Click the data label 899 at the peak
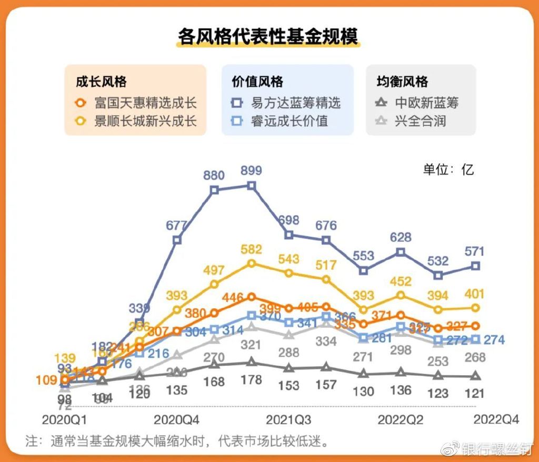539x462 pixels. [251, 170]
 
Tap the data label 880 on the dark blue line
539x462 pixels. [214, 175]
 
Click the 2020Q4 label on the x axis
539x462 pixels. [177, 420]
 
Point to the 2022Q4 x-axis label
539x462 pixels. [496, 419]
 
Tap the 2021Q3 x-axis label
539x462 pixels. [288, 420]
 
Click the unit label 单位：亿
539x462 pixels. [448, 169]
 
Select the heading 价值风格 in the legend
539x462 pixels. [257, 82]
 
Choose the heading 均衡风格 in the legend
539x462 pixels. [402, 82]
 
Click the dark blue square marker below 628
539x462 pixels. [401, 252]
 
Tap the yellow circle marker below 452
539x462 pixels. [401, 295]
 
